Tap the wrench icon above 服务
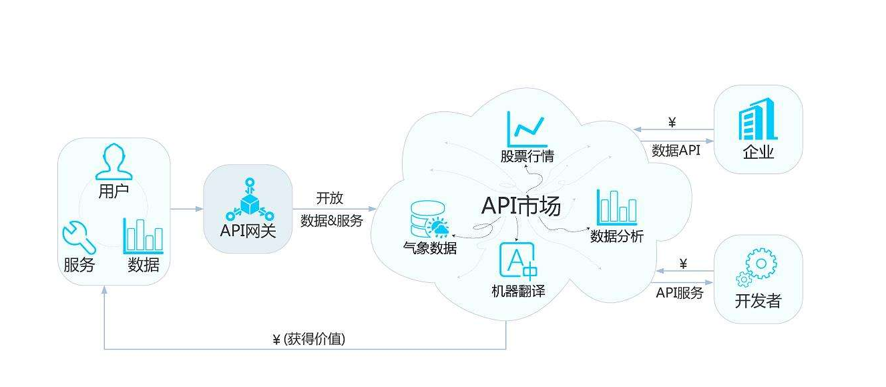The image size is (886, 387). (x=79, y=237)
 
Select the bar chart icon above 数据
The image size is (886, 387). (x=143, y=236)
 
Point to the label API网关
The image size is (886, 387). (x=248, y=232)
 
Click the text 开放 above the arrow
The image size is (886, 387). (x=330, y=198)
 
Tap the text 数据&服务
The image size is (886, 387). (x=332, y=221)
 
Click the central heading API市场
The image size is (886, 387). (x=521, y=206)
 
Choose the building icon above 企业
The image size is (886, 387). (x=758, y=120)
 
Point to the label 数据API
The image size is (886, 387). (x=676, y=151)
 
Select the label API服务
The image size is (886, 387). (x=680, y=292)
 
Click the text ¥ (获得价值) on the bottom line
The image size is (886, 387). (x=309, y=340)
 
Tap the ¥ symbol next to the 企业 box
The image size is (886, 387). (x=672, y=122)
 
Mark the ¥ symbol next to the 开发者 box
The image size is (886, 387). (x=683, y=264)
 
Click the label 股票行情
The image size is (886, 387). (x=527, y=157)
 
